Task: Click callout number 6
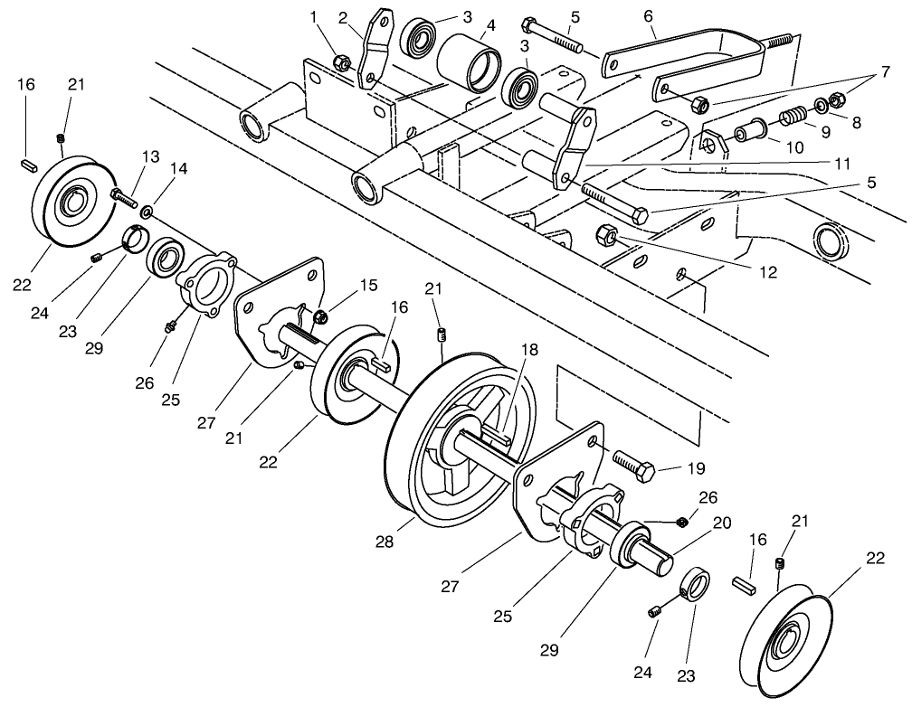[648, 15]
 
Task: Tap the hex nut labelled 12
[607, 237]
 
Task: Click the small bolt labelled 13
[120, 193]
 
